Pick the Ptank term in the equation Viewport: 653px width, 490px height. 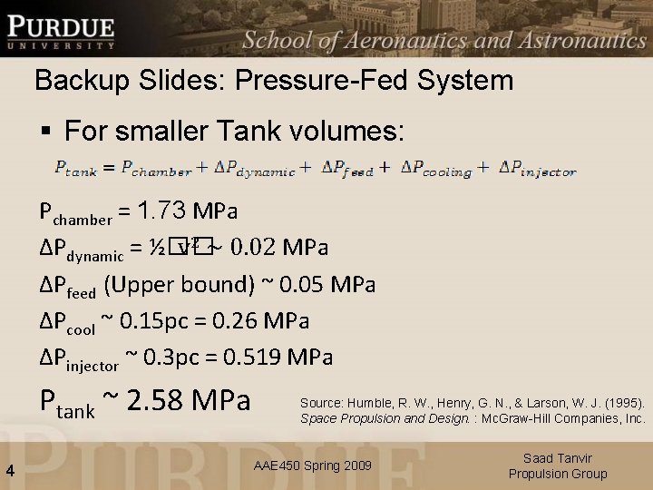pos(75,170)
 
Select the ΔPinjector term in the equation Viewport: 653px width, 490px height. pos(538,170)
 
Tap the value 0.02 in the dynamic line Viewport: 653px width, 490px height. pos(253,248)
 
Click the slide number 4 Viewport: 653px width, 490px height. pos(9,470)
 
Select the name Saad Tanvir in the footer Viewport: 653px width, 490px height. pos(558,459)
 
